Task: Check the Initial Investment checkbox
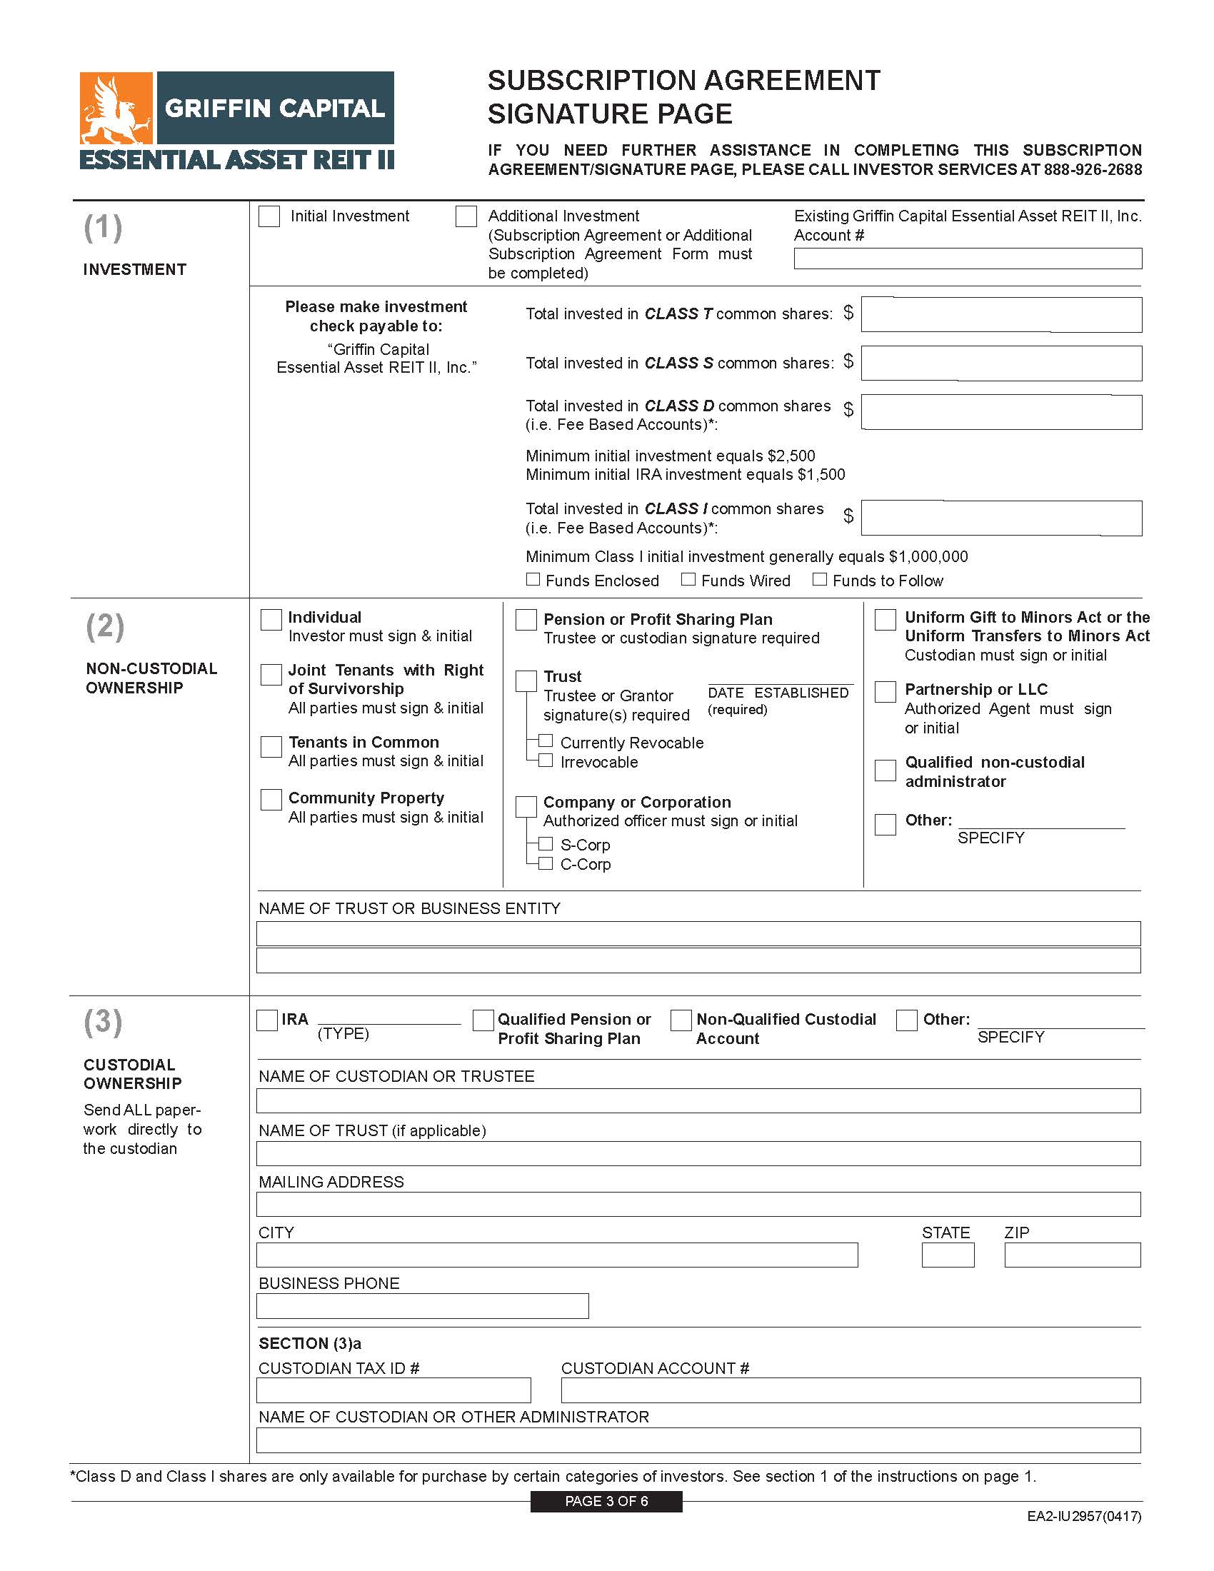[x=269, y=216]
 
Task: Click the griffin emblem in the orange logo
[x=116, y=109]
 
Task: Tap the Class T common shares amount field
[x=1001, y=314]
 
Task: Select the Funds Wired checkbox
[x=688, y=580]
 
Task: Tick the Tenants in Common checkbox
[x=271, y=746]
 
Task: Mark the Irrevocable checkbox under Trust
[x=546, y=761]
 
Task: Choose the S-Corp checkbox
[x=546, y=844]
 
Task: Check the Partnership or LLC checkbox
[x=886, y=691]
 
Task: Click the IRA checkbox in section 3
[x=267, y=1020]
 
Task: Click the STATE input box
[x=948, y=1255]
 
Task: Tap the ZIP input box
[x=1073, y=1255]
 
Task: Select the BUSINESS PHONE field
[x=422, y=1306]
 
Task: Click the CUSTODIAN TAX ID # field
[x=393, y=1390]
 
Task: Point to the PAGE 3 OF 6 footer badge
[x=606, y=1501]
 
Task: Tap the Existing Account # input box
[x=968, y=259]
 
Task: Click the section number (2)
[x=105, y=626]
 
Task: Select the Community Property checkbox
[x=271, y=799]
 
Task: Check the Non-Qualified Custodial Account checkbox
[x=681, y=1020]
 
